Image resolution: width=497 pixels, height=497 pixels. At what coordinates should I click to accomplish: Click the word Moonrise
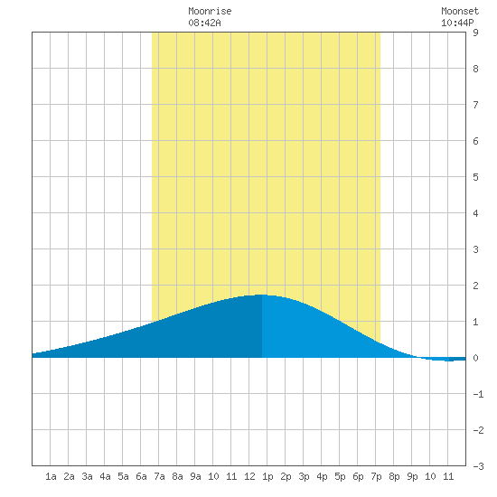pyautogui.click(x=210, y=11)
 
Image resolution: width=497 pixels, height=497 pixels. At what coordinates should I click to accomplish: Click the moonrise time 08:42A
pyautogui.click(x=204, y=23)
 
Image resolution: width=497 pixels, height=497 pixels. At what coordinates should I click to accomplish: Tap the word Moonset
pyautogui.click(x=460, y=11)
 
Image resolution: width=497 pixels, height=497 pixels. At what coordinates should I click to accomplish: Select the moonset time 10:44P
pyautogui.click(x=457, y=23)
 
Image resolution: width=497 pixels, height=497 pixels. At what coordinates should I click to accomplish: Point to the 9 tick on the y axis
pyautogui.click(x=475, y=33)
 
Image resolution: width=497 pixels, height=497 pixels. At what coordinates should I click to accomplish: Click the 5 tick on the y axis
pyautogui.click(x=475, y=177)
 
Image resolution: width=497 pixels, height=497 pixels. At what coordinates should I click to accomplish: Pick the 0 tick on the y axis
pyautogui.click(x=475, y=358)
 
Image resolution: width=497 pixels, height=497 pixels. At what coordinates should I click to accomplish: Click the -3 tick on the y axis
pyautogui.click(x=478, y=466)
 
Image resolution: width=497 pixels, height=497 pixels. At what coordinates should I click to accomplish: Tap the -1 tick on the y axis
pyautogui.click(x=478, y=394)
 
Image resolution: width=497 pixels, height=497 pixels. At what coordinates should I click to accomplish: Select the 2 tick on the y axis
pyautogui.click(x=475, y=286)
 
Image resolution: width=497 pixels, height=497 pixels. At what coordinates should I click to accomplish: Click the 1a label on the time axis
pyautogui.click(x=51, y=476)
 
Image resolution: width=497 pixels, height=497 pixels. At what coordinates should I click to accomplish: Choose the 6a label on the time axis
pyautogui.click(x=141, y=476)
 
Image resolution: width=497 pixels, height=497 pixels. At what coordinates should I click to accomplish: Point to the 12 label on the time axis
pyautogui.click(x=249, y=476)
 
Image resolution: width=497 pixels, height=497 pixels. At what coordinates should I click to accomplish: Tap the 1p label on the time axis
pyautogui.click(x=267, y=476)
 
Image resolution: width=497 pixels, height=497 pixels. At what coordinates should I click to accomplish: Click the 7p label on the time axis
pyautogui.click(x=376, y=476)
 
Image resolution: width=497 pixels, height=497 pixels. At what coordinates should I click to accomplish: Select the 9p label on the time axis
pyautogui.click(x=412, y=476)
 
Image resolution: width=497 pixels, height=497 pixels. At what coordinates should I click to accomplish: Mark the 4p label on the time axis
pyautogui.click(x=322, y=476)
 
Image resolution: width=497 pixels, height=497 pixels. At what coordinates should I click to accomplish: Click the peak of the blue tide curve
pyautogui.click(x=262, y=295)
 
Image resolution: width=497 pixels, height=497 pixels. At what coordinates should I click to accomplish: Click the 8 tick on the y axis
pyautogui.click(x=475, y=69)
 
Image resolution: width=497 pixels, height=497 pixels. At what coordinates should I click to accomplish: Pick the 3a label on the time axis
pyautogui.click(x=87, y=476)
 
